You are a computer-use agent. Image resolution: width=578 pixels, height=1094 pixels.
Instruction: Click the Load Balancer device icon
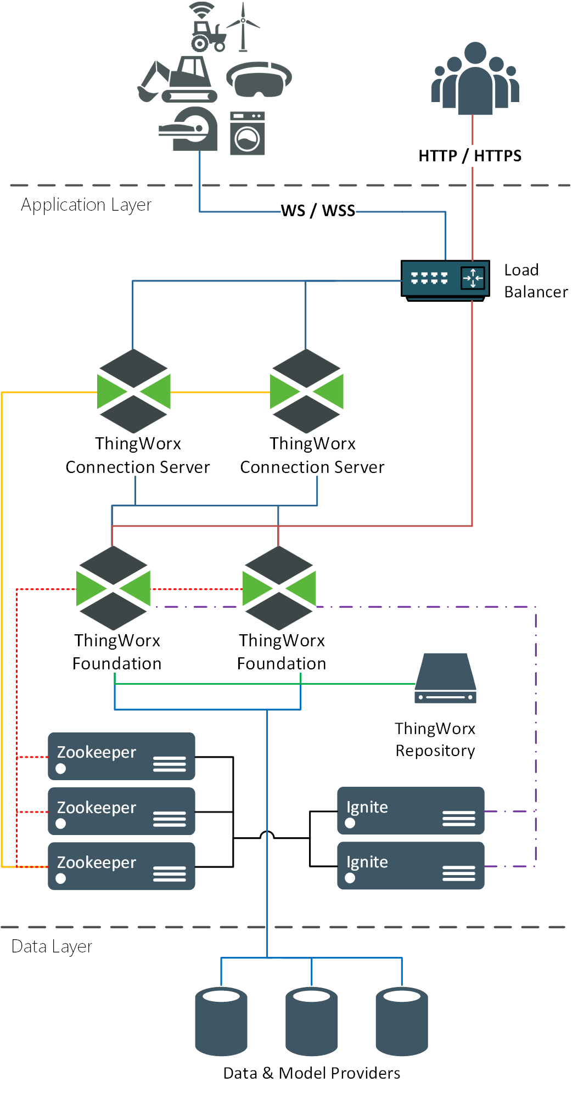445,280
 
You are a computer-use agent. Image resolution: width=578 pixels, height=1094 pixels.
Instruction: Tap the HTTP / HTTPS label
470,156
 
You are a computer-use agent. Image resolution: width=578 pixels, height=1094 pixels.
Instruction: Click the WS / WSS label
318,211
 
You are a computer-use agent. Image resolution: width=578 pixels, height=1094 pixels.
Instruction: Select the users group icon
475,80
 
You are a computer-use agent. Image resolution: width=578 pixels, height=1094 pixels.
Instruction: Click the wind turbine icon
243,26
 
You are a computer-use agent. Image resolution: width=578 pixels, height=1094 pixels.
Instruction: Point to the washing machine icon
247,133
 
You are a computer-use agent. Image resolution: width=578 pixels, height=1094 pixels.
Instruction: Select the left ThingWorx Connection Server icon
134,391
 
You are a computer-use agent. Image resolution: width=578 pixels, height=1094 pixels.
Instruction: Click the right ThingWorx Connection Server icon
307,391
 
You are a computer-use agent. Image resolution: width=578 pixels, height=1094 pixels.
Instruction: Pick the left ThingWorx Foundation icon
113,588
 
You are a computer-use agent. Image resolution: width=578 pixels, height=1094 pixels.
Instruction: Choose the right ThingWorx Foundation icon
279,588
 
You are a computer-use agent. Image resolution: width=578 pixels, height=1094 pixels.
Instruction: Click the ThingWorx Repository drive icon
445,679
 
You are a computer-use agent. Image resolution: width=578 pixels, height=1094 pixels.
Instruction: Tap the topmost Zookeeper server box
121,756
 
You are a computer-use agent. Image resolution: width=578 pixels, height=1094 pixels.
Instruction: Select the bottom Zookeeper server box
121,866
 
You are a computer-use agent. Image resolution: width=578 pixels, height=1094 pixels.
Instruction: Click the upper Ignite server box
411,810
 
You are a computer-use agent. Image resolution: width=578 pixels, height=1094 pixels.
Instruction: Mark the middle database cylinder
311,1022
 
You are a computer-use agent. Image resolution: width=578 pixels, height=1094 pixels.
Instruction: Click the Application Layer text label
86,205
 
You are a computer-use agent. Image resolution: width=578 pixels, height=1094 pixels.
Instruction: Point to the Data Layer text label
52,946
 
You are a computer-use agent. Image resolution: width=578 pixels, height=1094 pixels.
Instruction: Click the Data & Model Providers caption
311,1073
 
